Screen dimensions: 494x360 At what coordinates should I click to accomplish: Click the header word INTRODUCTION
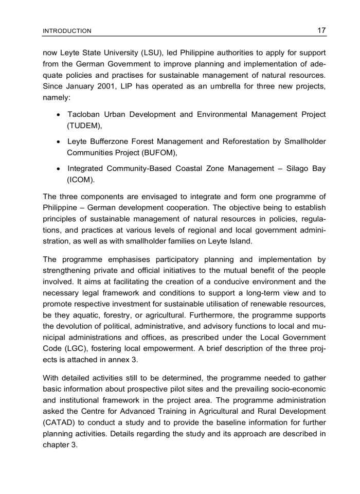coord(67,31)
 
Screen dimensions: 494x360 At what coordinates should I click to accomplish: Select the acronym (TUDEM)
coord(85,125)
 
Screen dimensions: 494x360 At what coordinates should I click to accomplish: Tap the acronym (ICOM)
coord(82,180)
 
